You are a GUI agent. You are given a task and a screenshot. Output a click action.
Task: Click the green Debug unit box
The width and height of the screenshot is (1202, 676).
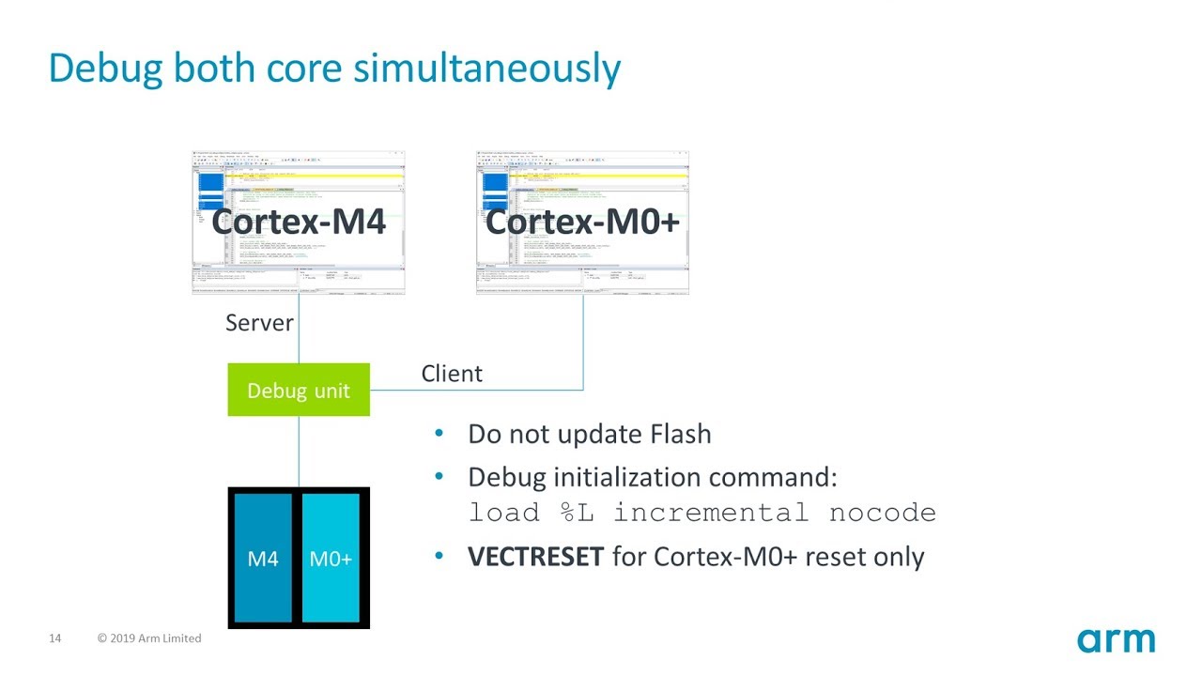tap(299, 390)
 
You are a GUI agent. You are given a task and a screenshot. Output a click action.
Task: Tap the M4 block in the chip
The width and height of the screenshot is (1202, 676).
tap(263, 559)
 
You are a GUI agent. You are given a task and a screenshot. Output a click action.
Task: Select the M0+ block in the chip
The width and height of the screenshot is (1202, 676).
tap(331, 559)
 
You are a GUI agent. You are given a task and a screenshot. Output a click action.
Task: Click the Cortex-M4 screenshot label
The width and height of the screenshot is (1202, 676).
tap(299, 222)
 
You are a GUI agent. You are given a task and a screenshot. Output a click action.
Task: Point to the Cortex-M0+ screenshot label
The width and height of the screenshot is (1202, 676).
tap(582, 222)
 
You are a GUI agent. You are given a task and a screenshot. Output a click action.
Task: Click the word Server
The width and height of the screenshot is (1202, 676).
tap(259, 323)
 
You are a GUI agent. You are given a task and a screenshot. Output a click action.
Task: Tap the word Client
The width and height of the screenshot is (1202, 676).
tap(452, 374)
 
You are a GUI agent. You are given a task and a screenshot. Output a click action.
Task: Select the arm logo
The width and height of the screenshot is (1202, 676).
tap(1116, 641)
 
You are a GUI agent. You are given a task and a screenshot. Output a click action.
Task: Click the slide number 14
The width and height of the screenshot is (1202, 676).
tap(54, 638)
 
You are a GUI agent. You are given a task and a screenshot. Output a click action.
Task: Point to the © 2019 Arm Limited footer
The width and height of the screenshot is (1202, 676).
tap(149, 638)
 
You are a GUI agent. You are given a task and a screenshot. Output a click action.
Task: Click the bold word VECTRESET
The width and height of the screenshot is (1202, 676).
tap(535, 557)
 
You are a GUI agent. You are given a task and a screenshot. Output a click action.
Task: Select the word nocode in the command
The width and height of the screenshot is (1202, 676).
tap(882, 514)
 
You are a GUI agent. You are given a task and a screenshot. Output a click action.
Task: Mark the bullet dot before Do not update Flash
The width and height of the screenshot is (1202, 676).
tap(439, 434)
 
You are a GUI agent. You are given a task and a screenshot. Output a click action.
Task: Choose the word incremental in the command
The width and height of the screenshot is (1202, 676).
tap(711, 514)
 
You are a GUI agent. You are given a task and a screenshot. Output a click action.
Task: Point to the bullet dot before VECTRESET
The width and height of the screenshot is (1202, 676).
tap(439, 557)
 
